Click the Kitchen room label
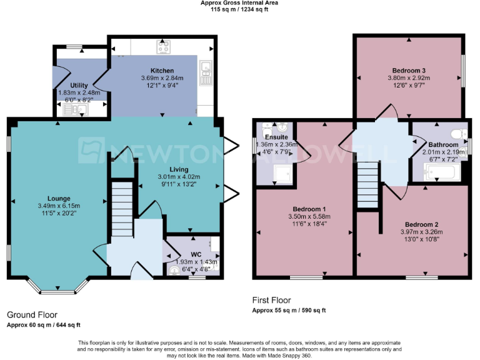point(162,71)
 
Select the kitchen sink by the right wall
point(206,72)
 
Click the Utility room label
point(79,85)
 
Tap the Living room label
point(178,169)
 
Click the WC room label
point(197,254)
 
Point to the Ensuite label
point(276,137)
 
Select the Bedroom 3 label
point(409,70)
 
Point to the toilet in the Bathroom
point(460,132)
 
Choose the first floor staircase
point(369,184)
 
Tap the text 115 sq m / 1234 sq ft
point(239,10)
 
